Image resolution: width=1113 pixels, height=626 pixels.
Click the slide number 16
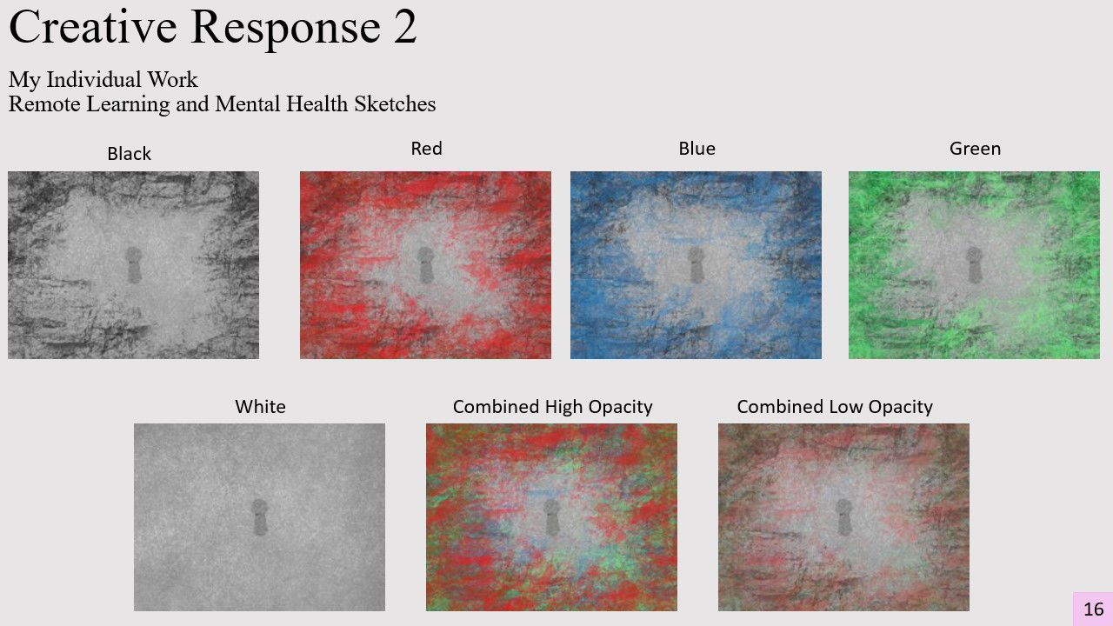[1093, 609]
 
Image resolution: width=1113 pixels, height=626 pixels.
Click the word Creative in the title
[93, 27]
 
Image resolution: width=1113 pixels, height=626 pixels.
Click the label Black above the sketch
[130, 154]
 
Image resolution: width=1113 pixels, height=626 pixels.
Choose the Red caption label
[426, 149]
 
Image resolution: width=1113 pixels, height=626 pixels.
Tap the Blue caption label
[697, 149]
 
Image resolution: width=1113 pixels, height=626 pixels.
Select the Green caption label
[975, 149]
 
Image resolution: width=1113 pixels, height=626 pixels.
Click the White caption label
[260, 407]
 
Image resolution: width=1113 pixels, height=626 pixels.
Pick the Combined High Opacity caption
[552, 407]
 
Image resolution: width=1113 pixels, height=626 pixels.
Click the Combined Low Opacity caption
[835, 407]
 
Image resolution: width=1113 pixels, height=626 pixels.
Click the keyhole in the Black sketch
[133, 265]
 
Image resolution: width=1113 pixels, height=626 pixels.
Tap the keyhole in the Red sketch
[425, 265]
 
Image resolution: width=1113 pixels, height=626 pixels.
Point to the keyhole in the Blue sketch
[696, 265]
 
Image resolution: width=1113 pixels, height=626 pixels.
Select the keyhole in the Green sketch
[974, 265]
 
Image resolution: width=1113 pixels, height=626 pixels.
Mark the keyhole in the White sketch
[259, 517]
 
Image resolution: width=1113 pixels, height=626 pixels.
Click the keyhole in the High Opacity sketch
[551, 517]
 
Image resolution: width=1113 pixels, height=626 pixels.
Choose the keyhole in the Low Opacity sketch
[843, 517]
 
